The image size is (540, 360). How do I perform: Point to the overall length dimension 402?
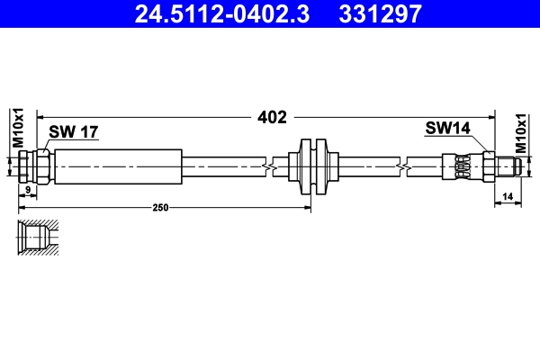pos(272,116)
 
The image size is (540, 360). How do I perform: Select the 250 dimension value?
pos(161,207)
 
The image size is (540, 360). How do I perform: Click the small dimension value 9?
pos(28,190)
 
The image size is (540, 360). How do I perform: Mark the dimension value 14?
pos(508,195)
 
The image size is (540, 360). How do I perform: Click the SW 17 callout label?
pos(73,132)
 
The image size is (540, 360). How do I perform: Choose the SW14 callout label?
pos(447,129)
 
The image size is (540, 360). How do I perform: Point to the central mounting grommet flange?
pos(310,166)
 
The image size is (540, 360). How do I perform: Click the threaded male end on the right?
pos(508,166)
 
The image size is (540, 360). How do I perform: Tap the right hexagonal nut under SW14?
pos(487,166)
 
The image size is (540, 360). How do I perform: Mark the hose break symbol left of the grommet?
pos(268,166)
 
